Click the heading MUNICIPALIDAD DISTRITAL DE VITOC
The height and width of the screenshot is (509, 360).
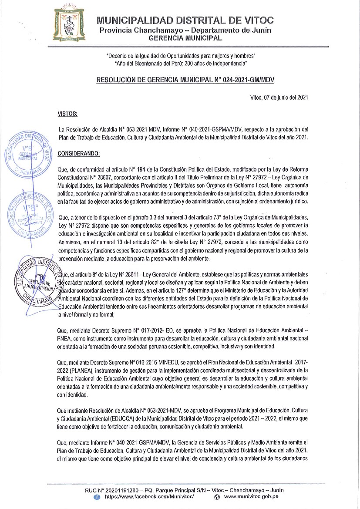(185, 20)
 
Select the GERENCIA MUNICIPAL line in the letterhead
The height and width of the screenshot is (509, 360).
(185, 38)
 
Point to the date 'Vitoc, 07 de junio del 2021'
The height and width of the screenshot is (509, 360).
(280, 98)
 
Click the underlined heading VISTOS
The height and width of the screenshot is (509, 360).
(67, 114)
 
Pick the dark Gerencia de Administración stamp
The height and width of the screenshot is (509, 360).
(37, 280)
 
